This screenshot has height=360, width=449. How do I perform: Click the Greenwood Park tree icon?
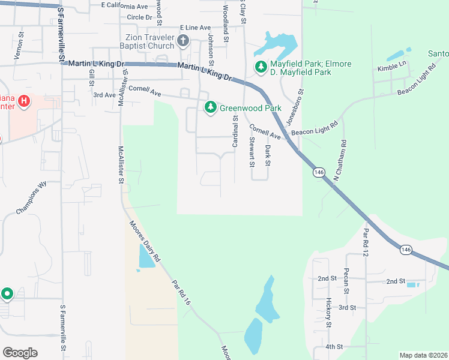(210, 108)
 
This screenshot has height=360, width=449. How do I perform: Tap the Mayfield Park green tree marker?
(261, 67)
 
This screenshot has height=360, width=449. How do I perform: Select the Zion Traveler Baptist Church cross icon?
(183, 41)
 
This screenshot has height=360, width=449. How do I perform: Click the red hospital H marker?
(23, 100)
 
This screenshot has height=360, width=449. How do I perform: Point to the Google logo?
(20, 353)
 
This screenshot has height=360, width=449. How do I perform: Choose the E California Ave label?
(124, 6)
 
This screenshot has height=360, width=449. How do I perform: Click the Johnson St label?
(211, 46)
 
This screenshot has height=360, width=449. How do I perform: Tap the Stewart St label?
(252, 152)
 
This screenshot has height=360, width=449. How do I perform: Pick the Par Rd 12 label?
(365, 240)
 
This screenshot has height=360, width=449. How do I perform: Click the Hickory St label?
(328, 312)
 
